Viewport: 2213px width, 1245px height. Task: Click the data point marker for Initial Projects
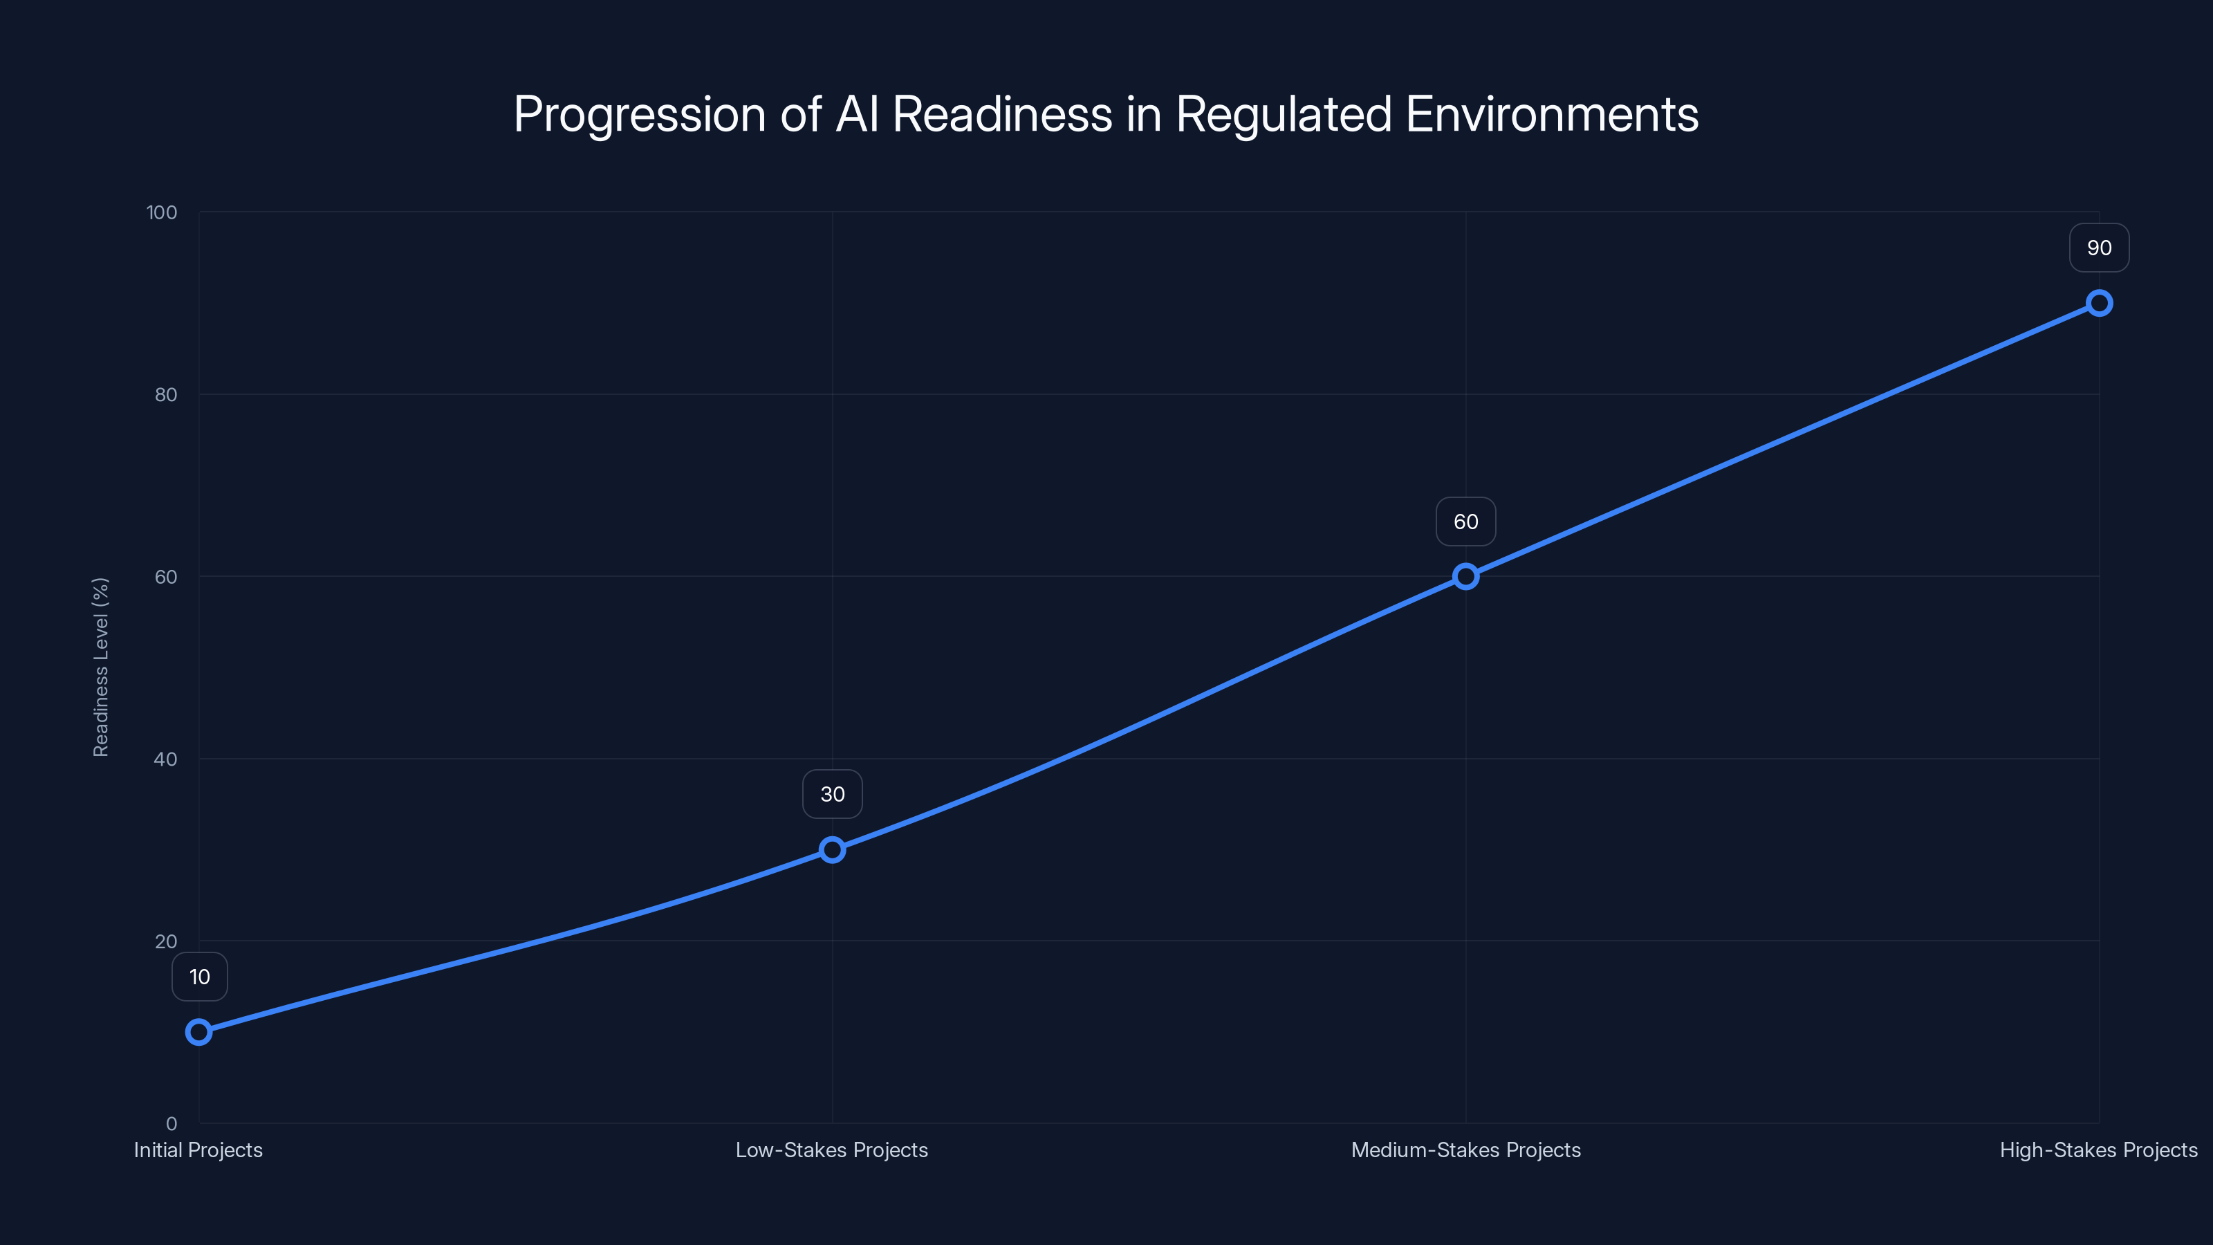(198, 1032)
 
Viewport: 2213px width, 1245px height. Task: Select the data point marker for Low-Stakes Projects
(831, 850)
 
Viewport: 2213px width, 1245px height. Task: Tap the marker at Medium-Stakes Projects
(1465, 577)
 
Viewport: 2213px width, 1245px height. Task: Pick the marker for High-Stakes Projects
(2099, 304)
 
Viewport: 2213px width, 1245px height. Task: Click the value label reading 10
(199, 977)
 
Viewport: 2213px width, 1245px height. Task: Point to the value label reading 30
(831, 794)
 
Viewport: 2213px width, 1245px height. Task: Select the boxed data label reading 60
(1465, 522)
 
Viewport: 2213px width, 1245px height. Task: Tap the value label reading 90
(2099, 248)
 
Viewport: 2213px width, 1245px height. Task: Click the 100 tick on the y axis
(162, 212)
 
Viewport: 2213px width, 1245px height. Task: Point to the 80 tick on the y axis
(166, 394)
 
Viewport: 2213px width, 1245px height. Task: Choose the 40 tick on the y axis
(166, 759)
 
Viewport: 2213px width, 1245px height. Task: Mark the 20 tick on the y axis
(166, 941)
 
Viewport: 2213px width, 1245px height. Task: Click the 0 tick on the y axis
(171, 1124)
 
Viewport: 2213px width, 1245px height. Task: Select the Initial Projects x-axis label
(198, 1150)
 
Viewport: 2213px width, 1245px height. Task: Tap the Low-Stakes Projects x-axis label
(831, 1150)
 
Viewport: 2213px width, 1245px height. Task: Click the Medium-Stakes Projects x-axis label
(1465, 1150)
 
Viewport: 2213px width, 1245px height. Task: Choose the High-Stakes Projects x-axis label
(2098, 1150)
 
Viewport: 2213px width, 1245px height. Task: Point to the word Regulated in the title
(1284, 114)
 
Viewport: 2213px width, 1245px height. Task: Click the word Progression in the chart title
(639, 114)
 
